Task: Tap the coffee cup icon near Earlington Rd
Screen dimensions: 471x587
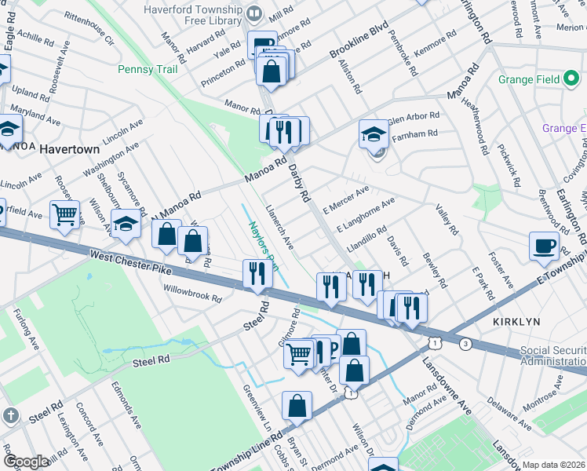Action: pos(544,246)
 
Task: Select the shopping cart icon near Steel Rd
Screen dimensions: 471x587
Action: pos(298,354)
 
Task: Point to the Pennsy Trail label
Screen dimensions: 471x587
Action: pos(148,69)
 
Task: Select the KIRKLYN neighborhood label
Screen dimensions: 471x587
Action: pos(518,323)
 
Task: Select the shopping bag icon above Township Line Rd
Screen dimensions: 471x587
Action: pos(297,406)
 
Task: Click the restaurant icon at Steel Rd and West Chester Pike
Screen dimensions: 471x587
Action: pos(257,275)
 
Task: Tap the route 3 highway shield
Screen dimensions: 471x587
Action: pos(466,344)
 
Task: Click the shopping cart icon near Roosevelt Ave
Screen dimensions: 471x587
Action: pos(64,213)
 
